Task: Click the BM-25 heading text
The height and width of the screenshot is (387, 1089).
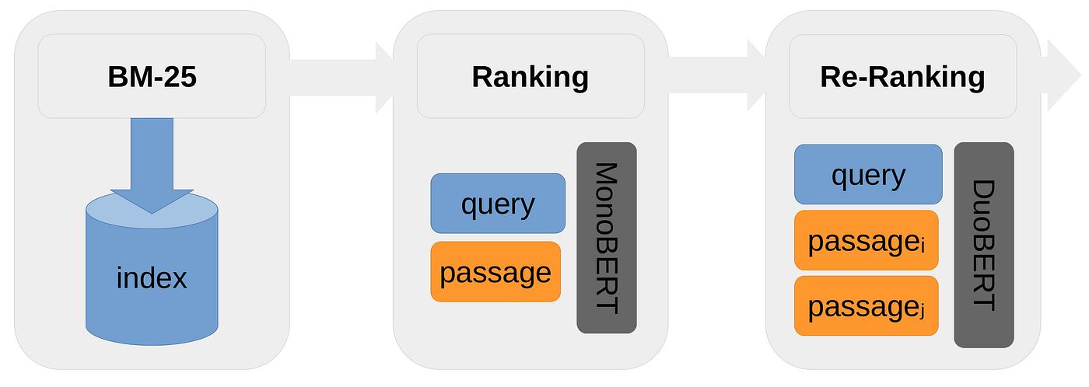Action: [152, 77]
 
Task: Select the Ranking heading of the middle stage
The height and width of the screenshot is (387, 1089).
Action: [530, 77]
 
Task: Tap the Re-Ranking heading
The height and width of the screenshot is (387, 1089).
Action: [902, 77]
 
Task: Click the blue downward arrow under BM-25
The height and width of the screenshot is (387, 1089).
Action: [152, 163]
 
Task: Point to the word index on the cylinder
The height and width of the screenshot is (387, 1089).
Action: [152, 277]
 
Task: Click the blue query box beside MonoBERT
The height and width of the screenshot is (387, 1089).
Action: [498, 204]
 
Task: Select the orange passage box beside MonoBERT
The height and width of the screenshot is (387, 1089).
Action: [495, 272]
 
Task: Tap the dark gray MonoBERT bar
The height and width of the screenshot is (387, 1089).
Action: [607, 238]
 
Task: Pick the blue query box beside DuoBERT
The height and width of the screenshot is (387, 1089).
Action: [868, 175]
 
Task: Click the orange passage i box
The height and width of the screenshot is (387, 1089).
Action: [866, 241]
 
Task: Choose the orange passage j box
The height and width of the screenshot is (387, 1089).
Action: [866, 306]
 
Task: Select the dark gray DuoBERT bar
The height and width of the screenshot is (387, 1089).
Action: [984, 245]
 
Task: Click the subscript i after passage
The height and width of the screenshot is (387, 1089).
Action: [923, 246]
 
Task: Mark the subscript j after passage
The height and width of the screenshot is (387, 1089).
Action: [923, 312]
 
